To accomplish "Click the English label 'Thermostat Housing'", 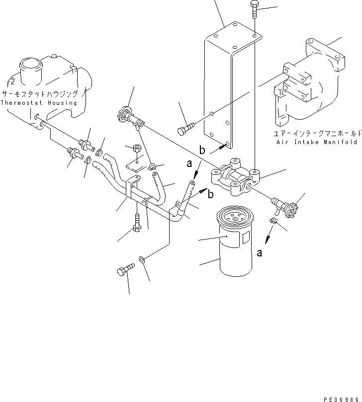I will [x=39, y=103].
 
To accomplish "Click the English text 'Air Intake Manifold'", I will [x=316, y=142].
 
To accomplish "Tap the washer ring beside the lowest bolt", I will [x=143, y=259].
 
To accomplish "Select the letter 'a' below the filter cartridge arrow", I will [x=259, y=252].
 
